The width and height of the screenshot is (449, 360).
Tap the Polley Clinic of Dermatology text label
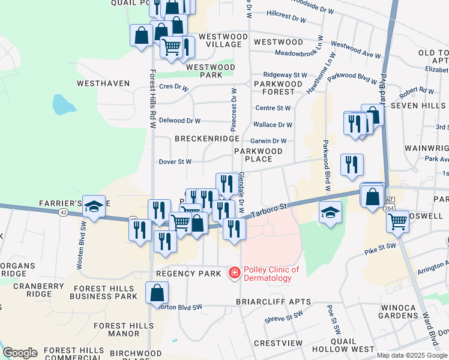271,274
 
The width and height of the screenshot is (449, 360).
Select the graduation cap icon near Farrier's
94,206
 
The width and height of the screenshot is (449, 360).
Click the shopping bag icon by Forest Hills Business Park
157,293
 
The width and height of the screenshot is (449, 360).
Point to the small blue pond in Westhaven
63,105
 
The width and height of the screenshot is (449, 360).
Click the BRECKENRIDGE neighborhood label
207,139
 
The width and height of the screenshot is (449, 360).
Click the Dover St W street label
175,161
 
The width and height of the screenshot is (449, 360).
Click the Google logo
20,353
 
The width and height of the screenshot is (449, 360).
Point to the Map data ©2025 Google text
412,355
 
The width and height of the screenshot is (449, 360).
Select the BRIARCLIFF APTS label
273,302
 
